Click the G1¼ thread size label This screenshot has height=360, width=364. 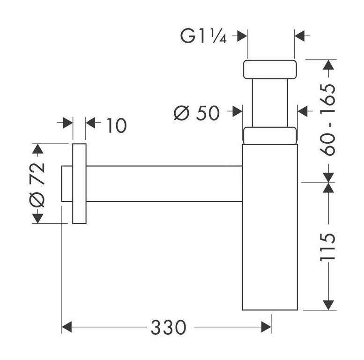click(x=203, y=36)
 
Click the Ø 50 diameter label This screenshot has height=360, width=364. click(x=197, y=113)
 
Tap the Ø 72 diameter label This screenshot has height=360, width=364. click(x=37, y=185)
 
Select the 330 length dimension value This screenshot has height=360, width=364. click(x=169, y=327)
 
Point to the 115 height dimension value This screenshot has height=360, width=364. click(x=327, y=248)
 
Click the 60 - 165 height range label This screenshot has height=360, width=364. click(x=327, y=120)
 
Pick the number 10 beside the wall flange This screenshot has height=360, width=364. click(x=117, y=125)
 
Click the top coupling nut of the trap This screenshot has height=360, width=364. click(x=270, y=69)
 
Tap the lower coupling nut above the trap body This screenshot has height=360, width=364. click(x=270, y=136)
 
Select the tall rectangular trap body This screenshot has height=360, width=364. click(x=270, y=227)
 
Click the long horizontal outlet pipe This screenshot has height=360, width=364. click(x=164, y=184)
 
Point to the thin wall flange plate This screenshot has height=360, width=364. click(x=79, y=184)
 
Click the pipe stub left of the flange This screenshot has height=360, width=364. click(x=67, y=184)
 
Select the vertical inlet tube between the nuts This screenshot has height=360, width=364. click(x=270, y=103)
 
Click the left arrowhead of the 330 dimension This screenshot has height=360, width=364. click(x=67, y=327)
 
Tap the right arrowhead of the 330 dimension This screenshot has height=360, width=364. click(x=266, y=327)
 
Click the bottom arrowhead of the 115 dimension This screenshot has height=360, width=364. click(x=328, y=305)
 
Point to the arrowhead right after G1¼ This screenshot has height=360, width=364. click(x=242, y=36)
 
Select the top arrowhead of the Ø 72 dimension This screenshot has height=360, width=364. click(x=37, y=149)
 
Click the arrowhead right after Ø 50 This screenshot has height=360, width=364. click(x=237, y=111)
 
